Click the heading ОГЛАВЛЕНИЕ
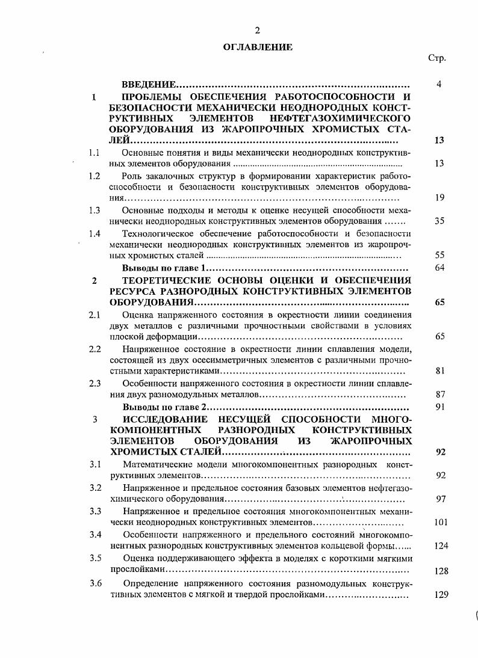[257, 46]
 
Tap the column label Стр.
[437, 58]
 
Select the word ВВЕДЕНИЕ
[149, 84]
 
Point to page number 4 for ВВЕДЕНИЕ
[439, 84]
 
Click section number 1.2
[94, 176]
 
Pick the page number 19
[439, 197]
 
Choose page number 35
[439, 221]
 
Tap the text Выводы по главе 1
[164, 268]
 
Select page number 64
[439, 268]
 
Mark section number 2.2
[95, 349]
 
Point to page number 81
[439, 371]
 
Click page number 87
[439, 395]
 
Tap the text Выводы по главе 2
[164, 407]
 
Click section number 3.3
[95, 511]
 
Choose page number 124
[441, 546]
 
